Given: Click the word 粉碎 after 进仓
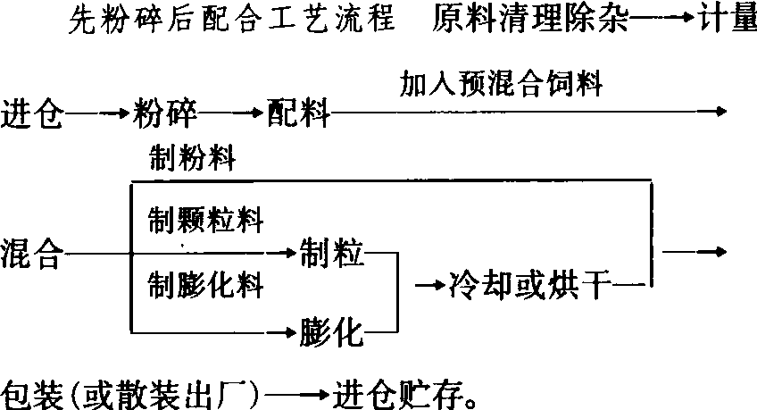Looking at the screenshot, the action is coord(165,113).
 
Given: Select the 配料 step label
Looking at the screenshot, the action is coord(299,113).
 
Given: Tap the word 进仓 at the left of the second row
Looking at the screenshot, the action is coord(32,113).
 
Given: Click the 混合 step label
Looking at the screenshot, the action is coord(32,253).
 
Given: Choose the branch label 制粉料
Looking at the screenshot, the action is coord(192,157).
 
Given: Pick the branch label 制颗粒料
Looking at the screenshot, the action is coord(205,221).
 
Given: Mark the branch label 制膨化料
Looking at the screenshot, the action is coord(205,284).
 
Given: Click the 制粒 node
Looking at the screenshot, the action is coord(332,252).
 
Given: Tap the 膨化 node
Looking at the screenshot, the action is coord(332,331).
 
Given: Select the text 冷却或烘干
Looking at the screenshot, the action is coord(530,285).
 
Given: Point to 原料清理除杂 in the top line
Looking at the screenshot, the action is coord(530,18).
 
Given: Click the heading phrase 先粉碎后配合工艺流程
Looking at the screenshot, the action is coord(232,19).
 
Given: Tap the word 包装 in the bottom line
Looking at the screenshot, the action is coord(32,395).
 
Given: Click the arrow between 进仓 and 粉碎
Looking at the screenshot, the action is coord(98,114).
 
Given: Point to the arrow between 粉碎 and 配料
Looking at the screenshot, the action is coord(232,113).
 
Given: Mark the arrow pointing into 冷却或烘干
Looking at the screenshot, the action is coord(430,285).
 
